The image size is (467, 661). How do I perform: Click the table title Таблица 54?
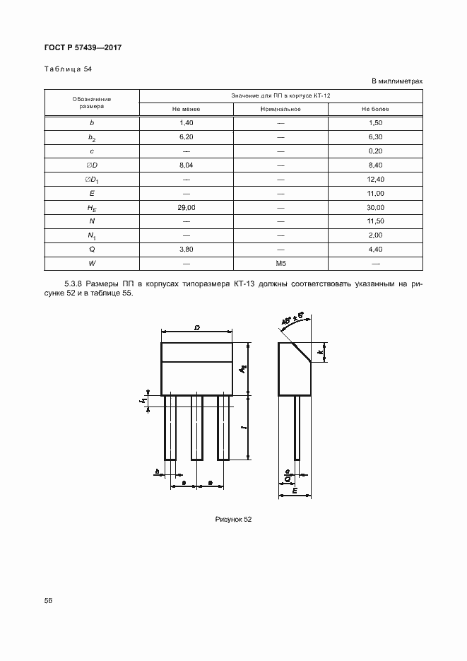tap(68, 69)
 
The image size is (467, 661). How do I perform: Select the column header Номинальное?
tap(280, 109)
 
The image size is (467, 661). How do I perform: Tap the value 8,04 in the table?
tap(187, 165)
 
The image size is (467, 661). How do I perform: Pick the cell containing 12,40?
tap(375, 179)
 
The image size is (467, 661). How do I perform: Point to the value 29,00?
tap(187, 207)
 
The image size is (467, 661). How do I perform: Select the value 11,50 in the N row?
tap(375, 221)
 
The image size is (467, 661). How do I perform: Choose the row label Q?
tap(92, 250)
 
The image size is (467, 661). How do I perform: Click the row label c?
tap(92, 151)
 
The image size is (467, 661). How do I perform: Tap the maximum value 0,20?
tap(375, 151)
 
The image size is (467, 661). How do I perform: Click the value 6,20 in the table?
tap(187, 136)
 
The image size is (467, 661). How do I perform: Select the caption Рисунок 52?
tap(233, 519)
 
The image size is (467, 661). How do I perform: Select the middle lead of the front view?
tap(197, 428)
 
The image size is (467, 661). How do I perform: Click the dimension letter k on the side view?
tap(321, 351)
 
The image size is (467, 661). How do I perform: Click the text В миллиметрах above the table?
tap(397, 81)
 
